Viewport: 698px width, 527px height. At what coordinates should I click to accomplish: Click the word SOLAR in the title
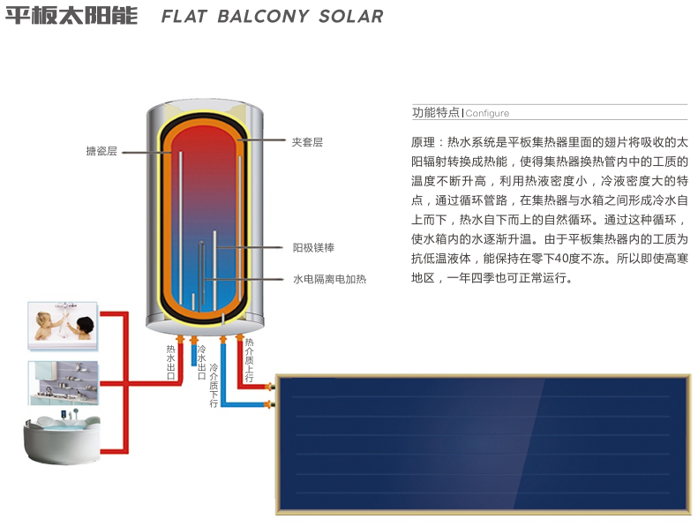pyautogui.click(x=349, y=17)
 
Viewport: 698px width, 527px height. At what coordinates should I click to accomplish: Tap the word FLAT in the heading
pyautogui.click(x=186, y=17)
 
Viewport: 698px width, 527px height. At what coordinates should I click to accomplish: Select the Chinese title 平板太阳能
pyautogui.click(x=71, y=17)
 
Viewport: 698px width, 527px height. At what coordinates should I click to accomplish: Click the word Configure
pyautogui.click(x=487, y=114)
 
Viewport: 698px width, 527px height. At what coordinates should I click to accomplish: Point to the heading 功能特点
pyautogui.click(x=436, y=113)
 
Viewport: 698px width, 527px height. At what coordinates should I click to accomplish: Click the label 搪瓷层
pyautogui.click(x=101, y=152)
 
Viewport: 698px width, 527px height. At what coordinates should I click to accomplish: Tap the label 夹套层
pyautogui.click(x=307, y=141)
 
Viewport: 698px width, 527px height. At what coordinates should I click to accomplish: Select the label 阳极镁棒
pyautogui.click(x=313, y=248)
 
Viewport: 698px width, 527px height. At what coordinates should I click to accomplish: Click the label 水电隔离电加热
pyautogui.click(x=329, y=280)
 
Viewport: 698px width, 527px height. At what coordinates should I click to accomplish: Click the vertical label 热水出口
pyautogui.click(x=171, y=363)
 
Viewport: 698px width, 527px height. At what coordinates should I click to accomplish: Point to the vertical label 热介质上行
pyautogui.click(x=250, y=360)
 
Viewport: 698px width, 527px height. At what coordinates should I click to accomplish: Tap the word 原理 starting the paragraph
pyautogui.click(x=423, y=142)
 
